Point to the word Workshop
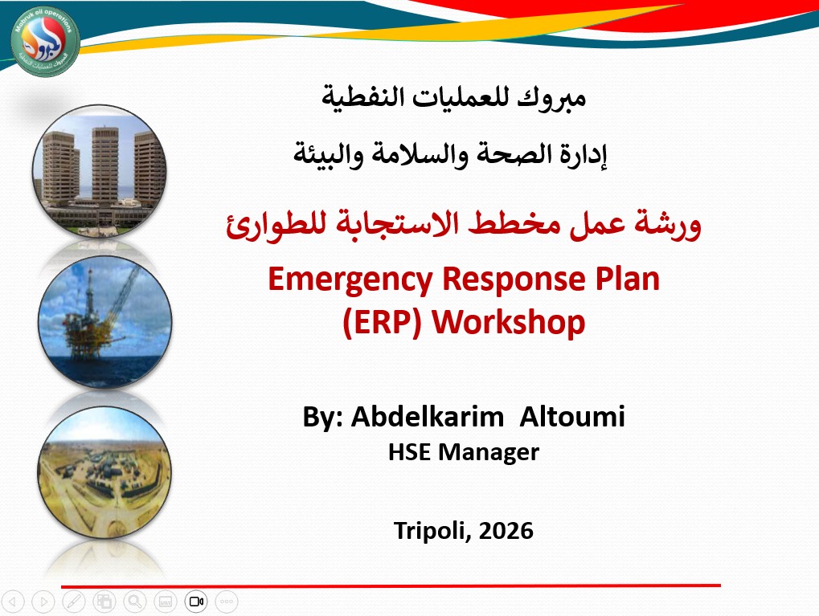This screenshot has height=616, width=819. (508, 322)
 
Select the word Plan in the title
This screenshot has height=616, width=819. (622, 280)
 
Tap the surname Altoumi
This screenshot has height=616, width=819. (571, 418)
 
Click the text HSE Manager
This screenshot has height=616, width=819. (463, 452)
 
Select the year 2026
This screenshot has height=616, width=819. (504, 530)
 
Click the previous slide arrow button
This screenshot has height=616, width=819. (16, 601)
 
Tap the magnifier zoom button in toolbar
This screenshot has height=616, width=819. (134, 601)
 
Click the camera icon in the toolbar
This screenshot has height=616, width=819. (197, 601)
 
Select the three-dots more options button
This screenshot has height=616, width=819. (227, 601)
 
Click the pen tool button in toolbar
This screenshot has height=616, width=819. (73, 601)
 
